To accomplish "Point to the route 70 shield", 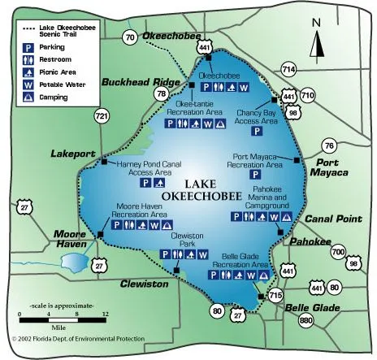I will pyautogui.click(x=130, y=37).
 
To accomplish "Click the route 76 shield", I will pyautogui.click(x=328, y=145).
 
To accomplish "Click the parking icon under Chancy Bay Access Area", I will pyautogui.click(x=257, y=130).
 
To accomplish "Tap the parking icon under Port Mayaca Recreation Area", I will pyautogui.click(x=254, y=174).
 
